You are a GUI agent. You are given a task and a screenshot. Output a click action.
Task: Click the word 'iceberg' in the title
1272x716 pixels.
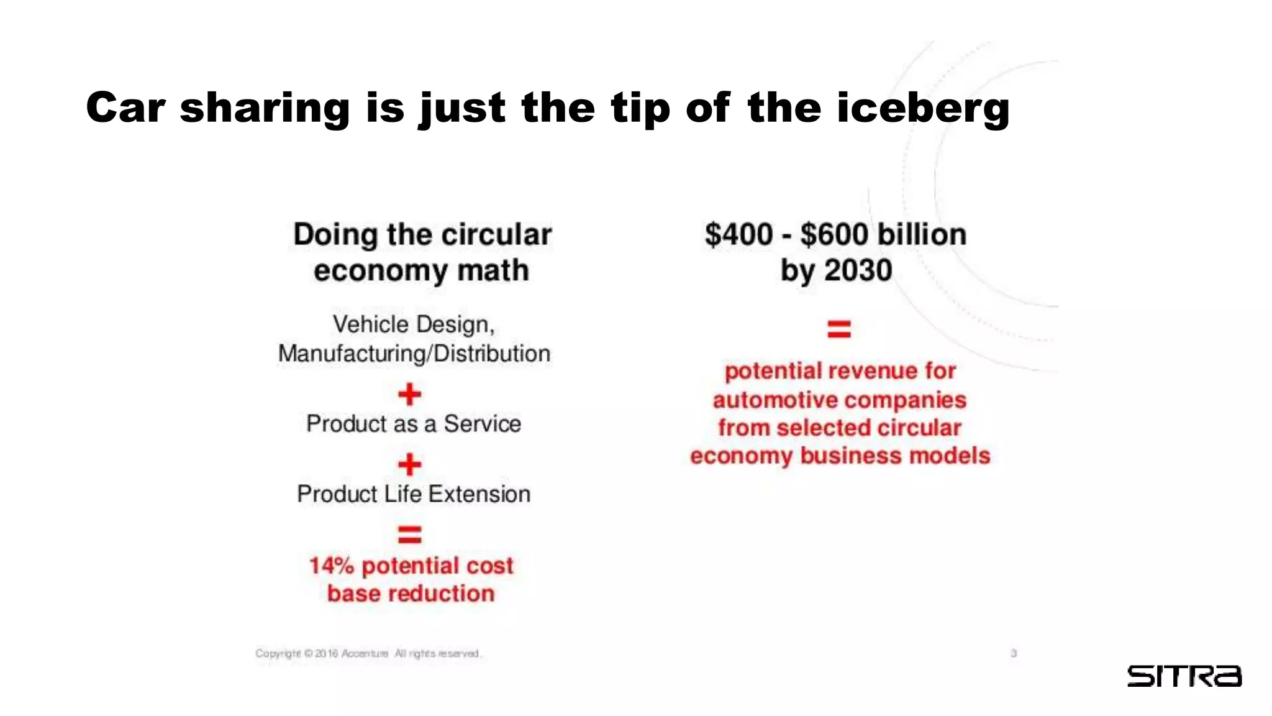tap(923, 108)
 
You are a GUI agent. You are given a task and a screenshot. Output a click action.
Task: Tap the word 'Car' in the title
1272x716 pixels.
tap(126, 108)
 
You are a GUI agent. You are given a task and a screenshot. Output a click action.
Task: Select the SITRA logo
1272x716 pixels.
tap(1184, 676)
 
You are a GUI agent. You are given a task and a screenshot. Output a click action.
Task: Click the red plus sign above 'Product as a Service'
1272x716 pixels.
tap(410, 394)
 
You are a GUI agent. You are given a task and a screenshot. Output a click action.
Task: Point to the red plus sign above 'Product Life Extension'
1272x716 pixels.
tap(410, 464)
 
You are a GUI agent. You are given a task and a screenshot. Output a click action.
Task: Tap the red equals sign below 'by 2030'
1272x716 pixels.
tap(839, 329)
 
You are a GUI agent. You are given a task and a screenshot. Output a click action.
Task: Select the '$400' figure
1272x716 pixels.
tap(738, 235)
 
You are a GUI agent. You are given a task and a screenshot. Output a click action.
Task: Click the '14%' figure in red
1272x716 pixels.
tap(331, 566)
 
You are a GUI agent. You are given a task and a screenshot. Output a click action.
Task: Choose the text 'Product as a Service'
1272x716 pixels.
tap(414, 424)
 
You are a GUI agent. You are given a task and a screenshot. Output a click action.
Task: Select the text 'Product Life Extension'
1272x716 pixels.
tap(414, 494)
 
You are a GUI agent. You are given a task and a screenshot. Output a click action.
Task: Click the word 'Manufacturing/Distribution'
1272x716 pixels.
tap(414, 354)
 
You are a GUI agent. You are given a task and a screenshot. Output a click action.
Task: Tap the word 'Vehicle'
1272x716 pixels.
tap(370, 324)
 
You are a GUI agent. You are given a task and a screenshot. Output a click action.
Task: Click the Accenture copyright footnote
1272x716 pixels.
tap(368, 653)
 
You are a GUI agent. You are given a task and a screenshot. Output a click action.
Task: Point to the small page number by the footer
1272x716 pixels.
tap(1014, 653)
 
